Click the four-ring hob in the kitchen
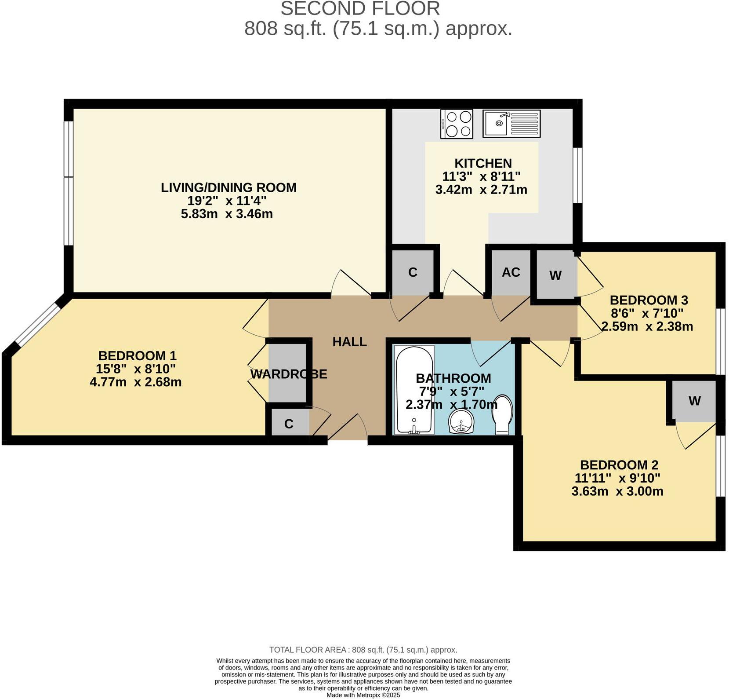tap(457, 124)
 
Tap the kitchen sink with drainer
tap(511, 124)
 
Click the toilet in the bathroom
tap(503, 414)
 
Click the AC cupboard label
tap(511, 272)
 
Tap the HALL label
tap(349, 342)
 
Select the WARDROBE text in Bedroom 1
tap(289, 374)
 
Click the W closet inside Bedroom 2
tap(694, 401)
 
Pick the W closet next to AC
tap(555, 275)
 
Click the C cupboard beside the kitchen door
tap(412, 272)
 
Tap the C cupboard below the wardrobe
tap(289, 424)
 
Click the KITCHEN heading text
tap(482, 163)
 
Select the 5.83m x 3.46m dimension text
tap(227, 214)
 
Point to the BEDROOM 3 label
tap(649, 300)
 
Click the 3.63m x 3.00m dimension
tap(617, 491)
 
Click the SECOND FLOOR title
tap(360, 9)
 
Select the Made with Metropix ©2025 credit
tap(363, 695)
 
